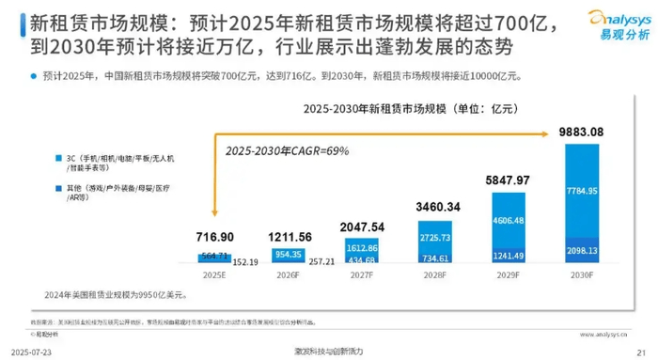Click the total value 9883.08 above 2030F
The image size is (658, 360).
pos(593,131)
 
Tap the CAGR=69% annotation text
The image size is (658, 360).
pos(279,150)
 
